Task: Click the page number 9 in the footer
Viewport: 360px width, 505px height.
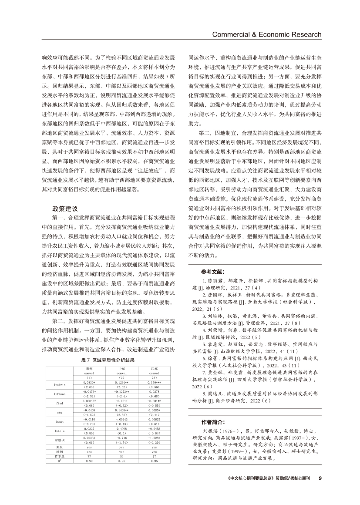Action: [x=320, y=490]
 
